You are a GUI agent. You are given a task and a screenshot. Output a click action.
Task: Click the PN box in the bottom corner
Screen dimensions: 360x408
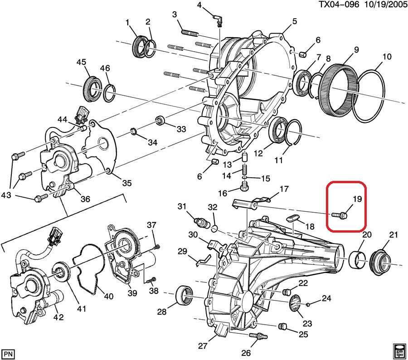click(x=8, y=353)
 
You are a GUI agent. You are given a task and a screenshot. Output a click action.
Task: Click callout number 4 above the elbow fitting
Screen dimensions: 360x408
click(x=199, y=5)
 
